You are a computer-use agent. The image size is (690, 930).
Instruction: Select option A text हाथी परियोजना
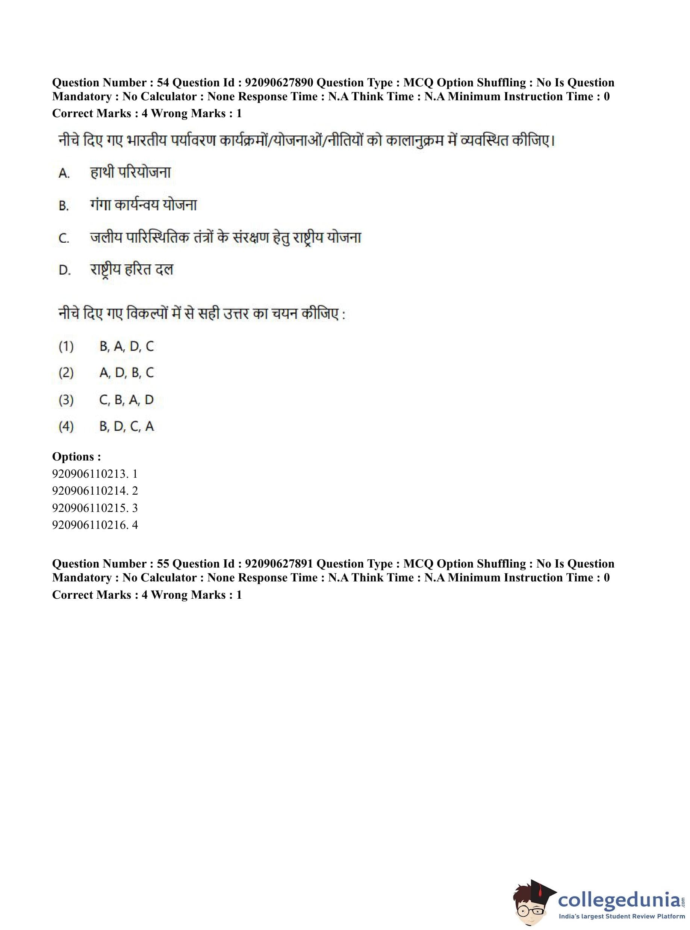[130, 172]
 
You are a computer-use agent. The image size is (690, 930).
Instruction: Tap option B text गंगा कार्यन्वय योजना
[143, 205]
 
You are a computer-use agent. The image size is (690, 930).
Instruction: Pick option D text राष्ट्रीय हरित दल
[132, 270]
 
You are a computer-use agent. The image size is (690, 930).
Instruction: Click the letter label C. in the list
[64, 239]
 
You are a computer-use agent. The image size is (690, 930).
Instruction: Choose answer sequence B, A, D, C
[127, 346]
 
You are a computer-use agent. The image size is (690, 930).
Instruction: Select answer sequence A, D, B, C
[127, 372]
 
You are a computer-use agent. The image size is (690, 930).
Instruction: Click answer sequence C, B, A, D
[127, 400]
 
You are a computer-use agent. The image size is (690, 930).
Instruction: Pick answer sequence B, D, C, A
[127, 426]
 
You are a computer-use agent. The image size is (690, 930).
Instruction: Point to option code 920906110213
[89, 474]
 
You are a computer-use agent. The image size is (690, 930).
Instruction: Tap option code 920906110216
[89, 525]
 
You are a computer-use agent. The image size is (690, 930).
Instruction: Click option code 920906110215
[89, 507]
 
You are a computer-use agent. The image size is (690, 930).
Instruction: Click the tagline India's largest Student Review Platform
[622, 916]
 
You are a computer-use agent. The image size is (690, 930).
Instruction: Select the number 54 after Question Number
[162, 83]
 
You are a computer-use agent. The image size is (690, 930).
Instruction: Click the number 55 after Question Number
[162, 563]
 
